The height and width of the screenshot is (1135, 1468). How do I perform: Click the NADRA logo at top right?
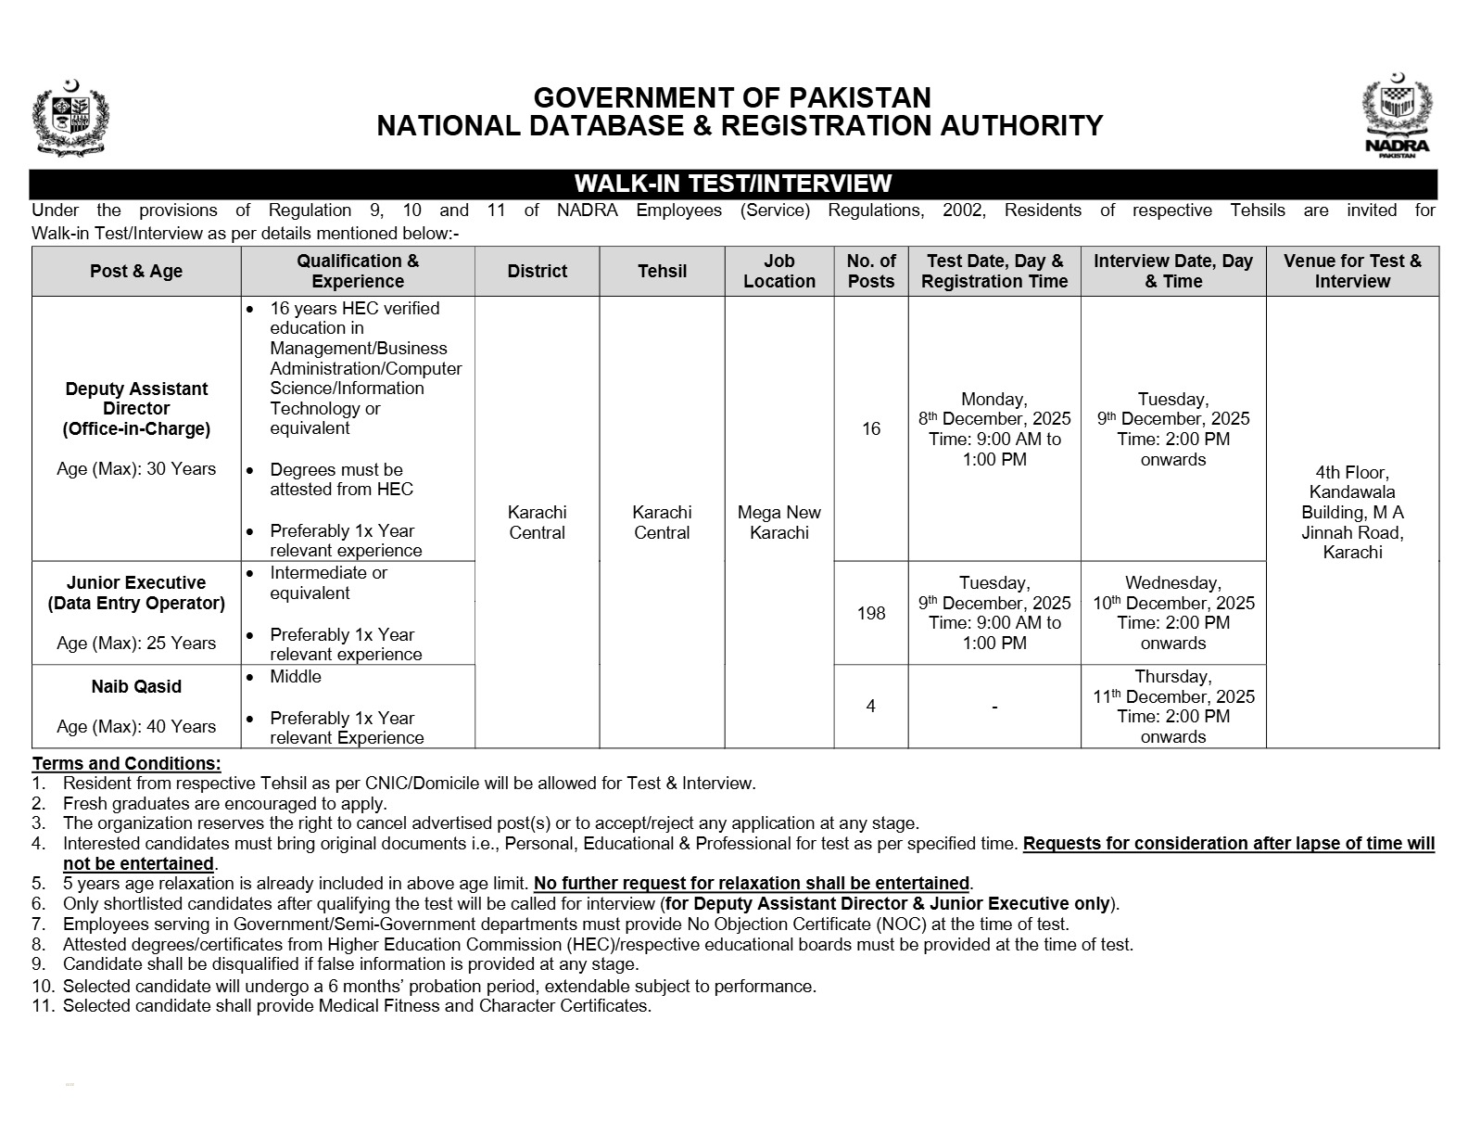click(x=1397, y=116)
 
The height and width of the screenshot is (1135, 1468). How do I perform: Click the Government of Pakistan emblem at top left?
click(x=70, y=116)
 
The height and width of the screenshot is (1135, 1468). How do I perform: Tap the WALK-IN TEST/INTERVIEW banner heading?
click(x=732, y=184)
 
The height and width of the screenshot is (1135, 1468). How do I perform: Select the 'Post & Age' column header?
click(x=136, y=271)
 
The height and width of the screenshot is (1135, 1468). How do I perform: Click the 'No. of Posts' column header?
click(x=871, y=271)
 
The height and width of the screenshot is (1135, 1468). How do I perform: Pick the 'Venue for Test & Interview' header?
click(x=1352, y=271)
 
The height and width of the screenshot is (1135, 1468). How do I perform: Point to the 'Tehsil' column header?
click(x=662, y=271)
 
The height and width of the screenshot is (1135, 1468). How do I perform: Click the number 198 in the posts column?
click(x=871, y=613)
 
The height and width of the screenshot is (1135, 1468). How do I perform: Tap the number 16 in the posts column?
click(x=871, y=428)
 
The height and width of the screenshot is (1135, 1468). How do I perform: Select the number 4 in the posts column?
click(x=871, y=706)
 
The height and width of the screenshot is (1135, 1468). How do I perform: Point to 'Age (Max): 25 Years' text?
click(x=136, y=643)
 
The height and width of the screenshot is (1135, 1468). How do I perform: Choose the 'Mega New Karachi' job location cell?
click(x=778, y=522)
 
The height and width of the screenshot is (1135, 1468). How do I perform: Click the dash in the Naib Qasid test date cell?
click(x=994, y=707)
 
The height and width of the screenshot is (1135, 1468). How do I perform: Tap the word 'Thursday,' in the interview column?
click(x=1173, y=677)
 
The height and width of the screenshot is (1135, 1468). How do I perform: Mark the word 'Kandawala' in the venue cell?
click(x=1352, y=492)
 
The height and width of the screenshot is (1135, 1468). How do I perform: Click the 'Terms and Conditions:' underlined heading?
click(x=127, y=763)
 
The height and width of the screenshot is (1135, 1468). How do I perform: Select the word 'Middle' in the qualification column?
click(x=296, y=677)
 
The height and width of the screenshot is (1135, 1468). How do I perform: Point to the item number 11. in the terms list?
click(x=44, y=1006)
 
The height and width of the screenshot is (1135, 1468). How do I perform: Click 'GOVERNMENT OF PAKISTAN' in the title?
click(x=732, y=97)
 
